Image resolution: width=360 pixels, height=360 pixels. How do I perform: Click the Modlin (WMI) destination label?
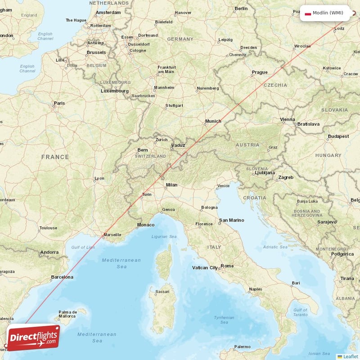[x=328, y=13]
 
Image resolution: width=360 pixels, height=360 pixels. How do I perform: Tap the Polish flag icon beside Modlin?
[x=308, y=13]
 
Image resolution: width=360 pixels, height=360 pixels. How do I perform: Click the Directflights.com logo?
[x=33, y=337]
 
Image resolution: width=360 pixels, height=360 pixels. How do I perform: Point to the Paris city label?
[x=59, y=103]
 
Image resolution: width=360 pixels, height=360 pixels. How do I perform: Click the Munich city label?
[x=213, y=121]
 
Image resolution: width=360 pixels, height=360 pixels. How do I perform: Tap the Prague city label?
[x=260, y=72]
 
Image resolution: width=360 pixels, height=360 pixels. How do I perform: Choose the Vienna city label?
[x=287, y=119]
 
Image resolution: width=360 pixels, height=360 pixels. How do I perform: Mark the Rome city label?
[x=227, y=266]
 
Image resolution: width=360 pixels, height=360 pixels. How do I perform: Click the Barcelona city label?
[x=62, y=277]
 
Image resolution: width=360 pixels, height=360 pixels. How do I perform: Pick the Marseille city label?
[x=112, y=234]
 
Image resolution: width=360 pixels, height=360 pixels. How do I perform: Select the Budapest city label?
[x=338, y=136]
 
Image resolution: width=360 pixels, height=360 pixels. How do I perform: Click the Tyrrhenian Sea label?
[x=224, y=319]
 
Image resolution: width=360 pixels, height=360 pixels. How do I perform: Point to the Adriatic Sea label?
[x=275, y=247]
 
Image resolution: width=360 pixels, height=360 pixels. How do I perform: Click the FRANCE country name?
[x=55, y=157]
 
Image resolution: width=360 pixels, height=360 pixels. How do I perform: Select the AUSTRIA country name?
[x=247, y=145]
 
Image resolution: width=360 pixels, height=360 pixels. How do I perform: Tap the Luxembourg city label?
[x=114, y=90]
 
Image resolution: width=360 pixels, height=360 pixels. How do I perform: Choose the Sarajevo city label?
[x=326, y=222]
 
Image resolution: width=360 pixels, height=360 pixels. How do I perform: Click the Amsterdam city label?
[x=108, y=13]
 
